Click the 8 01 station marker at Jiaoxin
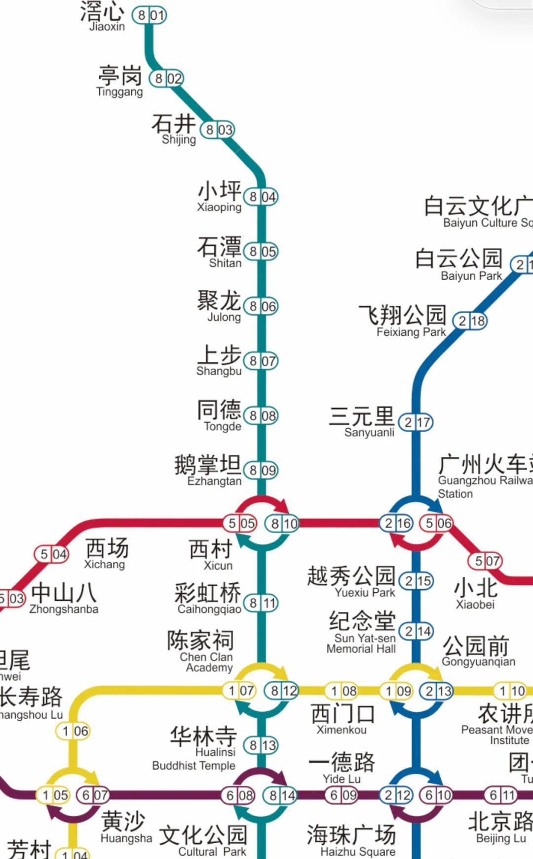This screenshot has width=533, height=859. click(x=149, y=15)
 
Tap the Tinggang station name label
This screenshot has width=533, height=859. click(x=120, y=81)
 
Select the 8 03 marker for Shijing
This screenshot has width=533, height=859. click(x=217, y=130)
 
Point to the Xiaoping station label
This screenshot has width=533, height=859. click(x=220, y=196)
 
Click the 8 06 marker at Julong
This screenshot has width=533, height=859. click(x=261, y=306)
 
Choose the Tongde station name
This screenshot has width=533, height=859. click(x=220, y=415)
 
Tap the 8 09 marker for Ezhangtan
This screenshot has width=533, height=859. click(x=261, y=470)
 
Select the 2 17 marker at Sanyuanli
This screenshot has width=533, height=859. click(x=416, y=422)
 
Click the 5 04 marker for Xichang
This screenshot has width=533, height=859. click(x=51, y=554)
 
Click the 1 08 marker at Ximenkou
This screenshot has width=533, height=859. click(x=342, y=691)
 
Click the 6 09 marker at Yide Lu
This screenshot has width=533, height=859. click(x=342, y=795)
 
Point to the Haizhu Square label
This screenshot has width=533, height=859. click(x=351, y=840)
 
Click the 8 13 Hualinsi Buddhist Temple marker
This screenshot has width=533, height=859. click(x=261, y=745)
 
